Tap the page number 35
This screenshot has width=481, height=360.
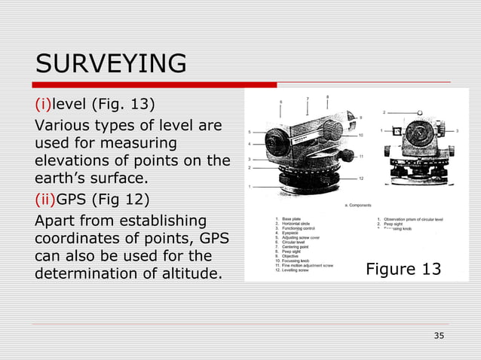[x=440, y=335]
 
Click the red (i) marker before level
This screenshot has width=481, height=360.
[x=43, y=103]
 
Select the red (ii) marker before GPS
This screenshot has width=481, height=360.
[x=45, y=200]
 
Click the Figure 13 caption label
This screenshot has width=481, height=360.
[x=403, y=269]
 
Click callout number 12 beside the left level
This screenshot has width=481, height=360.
[x=362, y=178]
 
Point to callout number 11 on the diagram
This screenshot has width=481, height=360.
[x=362, y=156]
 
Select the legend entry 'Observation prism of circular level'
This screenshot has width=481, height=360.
[x=414, y=219]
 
